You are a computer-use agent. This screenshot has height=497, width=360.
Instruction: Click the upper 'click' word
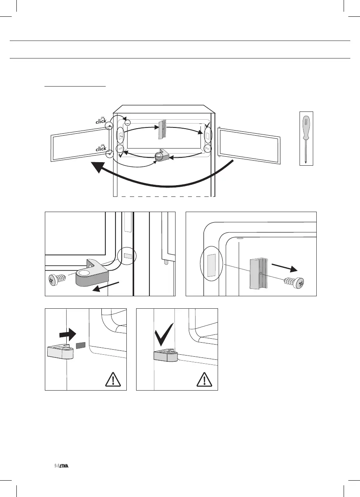coord(101,121)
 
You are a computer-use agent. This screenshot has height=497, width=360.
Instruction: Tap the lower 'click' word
coord(101,148)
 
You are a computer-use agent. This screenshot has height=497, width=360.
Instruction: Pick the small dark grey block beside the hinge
coord(81,345)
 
